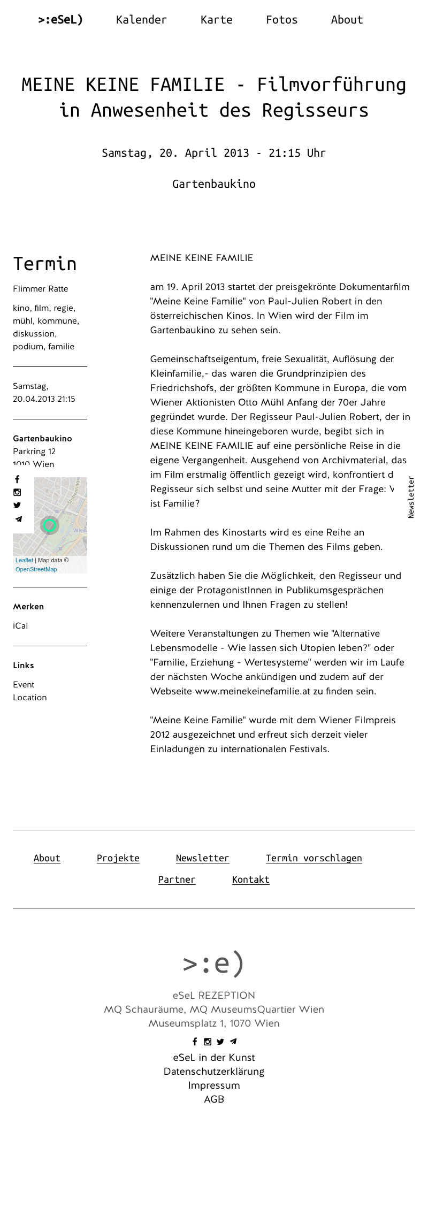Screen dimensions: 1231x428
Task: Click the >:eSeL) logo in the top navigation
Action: (x=60, y=20)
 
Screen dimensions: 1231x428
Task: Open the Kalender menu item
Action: (x=141, y=20)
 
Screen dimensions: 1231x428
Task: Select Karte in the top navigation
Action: (x=216, y=20)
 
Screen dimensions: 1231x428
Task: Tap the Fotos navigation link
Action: (x=281, y=20)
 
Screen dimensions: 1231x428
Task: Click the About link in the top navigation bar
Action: (x=347, y=20)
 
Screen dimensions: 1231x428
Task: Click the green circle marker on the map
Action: (x=50, y=525)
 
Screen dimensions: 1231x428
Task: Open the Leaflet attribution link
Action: (x=24, y=560)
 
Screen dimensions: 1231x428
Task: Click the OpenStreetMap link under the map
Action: (x=36, y=569)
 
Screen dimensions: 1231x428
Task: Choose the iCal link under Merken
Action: (x=20, y=626)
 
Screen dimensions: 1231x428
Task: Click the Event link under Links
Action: (x=24, y=685)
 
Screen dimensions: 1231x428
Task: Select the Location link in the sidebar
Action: (x=30, y=698)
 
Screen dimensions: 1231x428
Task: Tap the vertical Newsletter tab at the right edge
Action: (x=411, y=497)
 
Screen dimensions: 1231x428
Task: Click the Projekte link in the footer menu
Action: (x=118, y=858)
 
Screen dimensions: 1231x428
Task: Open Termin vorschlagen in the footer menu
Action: (x=314, y=858)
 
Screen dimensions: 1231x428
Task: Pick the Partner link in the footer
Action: (x=177, y=880)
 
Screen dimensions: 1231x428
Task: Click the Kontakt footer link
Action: (x=250, y=880)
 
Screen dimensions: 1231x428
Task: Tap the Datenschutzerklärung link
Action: (x=214, y=1072)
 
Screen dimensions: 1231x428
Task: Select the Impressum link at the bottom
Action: (x=214, y=1085)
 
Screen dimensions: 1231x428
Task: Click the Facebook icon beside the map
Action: (x=17, y=479)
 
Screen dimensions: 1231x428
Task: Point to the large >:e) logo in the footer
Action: (x=213, y=964)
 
